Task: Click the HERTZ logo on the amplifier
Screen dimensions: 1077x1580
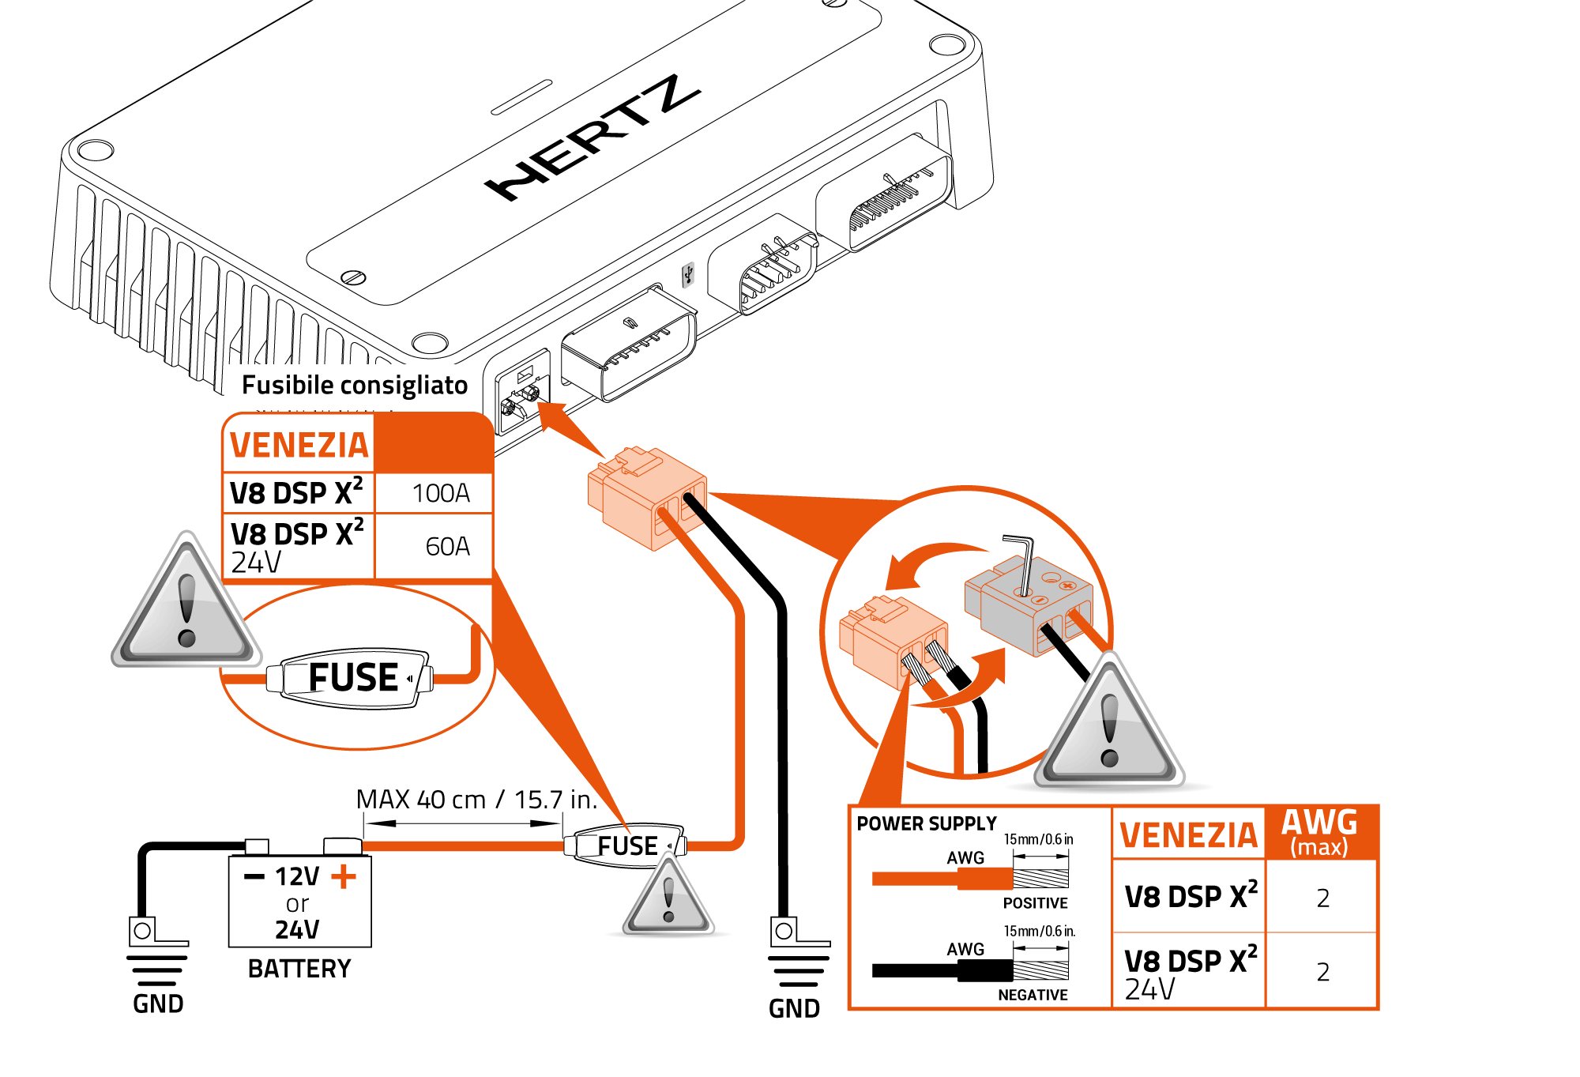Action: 592,138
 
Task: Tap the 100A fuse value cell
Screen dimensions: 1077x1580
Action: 441,493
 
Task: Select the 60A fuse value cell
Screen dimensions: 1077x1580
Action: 447,546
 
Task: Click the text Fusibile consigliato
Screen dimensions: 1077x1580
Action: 355,385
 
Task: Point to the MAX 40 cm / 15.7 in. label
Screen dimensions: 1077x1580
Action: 476,799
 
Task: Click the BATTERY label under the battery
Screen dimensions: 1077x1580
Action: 299,969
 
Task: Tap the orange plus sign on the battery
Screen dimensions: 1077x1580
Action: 344,876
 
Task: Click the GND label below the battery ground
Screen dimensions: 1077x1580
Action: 158,1004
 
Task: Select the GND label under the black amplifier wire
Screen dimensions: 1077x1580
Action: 794,1008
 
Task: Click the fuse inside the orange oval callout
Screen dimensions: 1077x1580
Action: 352,678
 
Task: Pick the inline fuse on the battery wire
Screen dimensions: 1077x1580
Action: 626,846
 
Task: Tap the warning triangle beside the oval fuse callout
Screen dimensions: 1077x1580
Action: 186,604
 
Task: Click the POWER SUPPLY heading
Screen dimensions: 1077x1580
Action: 927,823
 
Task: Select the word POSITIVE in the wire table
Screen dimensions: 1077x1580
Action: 1035,903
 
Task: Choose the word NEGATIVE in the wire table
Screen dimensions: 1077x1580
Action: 1033,995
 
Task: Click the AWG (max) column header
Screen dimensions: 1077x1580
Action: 1319,832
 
